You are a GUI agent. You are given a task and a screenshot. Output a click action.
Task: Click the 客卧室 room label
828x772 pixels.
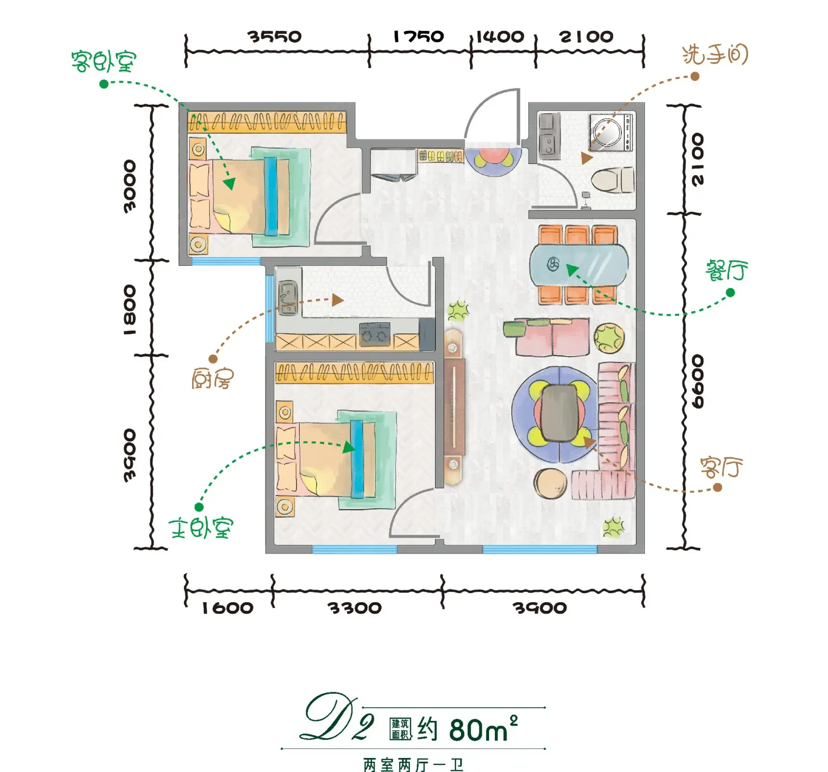(x=104, y=61)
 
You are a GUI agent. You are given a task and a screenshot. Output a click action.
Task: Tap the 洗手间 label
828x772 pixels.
(x=715, y=55)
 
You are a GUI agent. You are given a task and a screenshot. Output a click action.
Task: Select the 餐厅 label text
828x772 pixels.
(x=727, y=270)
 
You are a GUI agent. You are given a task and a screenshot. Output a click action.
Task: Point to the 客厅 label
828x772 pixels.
(x=721, y=467)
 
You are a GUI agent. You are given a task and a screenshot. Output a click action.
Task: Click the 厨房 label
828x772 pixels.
(x=212, y=378)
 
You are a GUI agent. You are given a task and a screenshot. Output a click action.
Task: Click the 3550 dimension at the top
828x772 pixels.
(x=275, y=36)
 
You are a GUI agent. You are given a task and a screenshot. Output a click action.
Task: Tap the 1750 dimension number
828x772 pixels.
(x=418, y=36)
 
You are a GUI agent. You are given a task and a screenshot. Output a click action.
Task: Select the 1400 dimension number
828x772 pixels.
(x=500, y=36)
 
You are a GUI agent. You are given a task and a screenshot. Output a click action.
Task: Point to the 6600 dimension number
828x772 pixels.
(x=698, y=381)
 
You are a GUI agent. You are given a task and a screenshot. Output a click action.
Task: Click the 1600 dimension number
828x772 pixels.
(x=227, y=608)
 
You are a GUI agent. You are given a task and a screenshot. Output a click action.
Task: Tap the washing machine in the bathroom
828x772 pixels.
(x=611, y=132)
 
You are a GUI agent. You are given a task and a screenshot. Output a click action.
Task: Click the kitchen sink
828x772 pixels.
(x=288, y=298)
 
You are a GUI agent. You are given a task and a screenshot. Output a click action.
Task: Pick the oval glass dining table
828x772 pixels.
(x=579, y=265)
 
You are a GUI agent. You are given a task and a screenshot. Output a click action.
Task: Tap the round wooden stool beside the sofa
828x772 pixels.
(x=550, y=483)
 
